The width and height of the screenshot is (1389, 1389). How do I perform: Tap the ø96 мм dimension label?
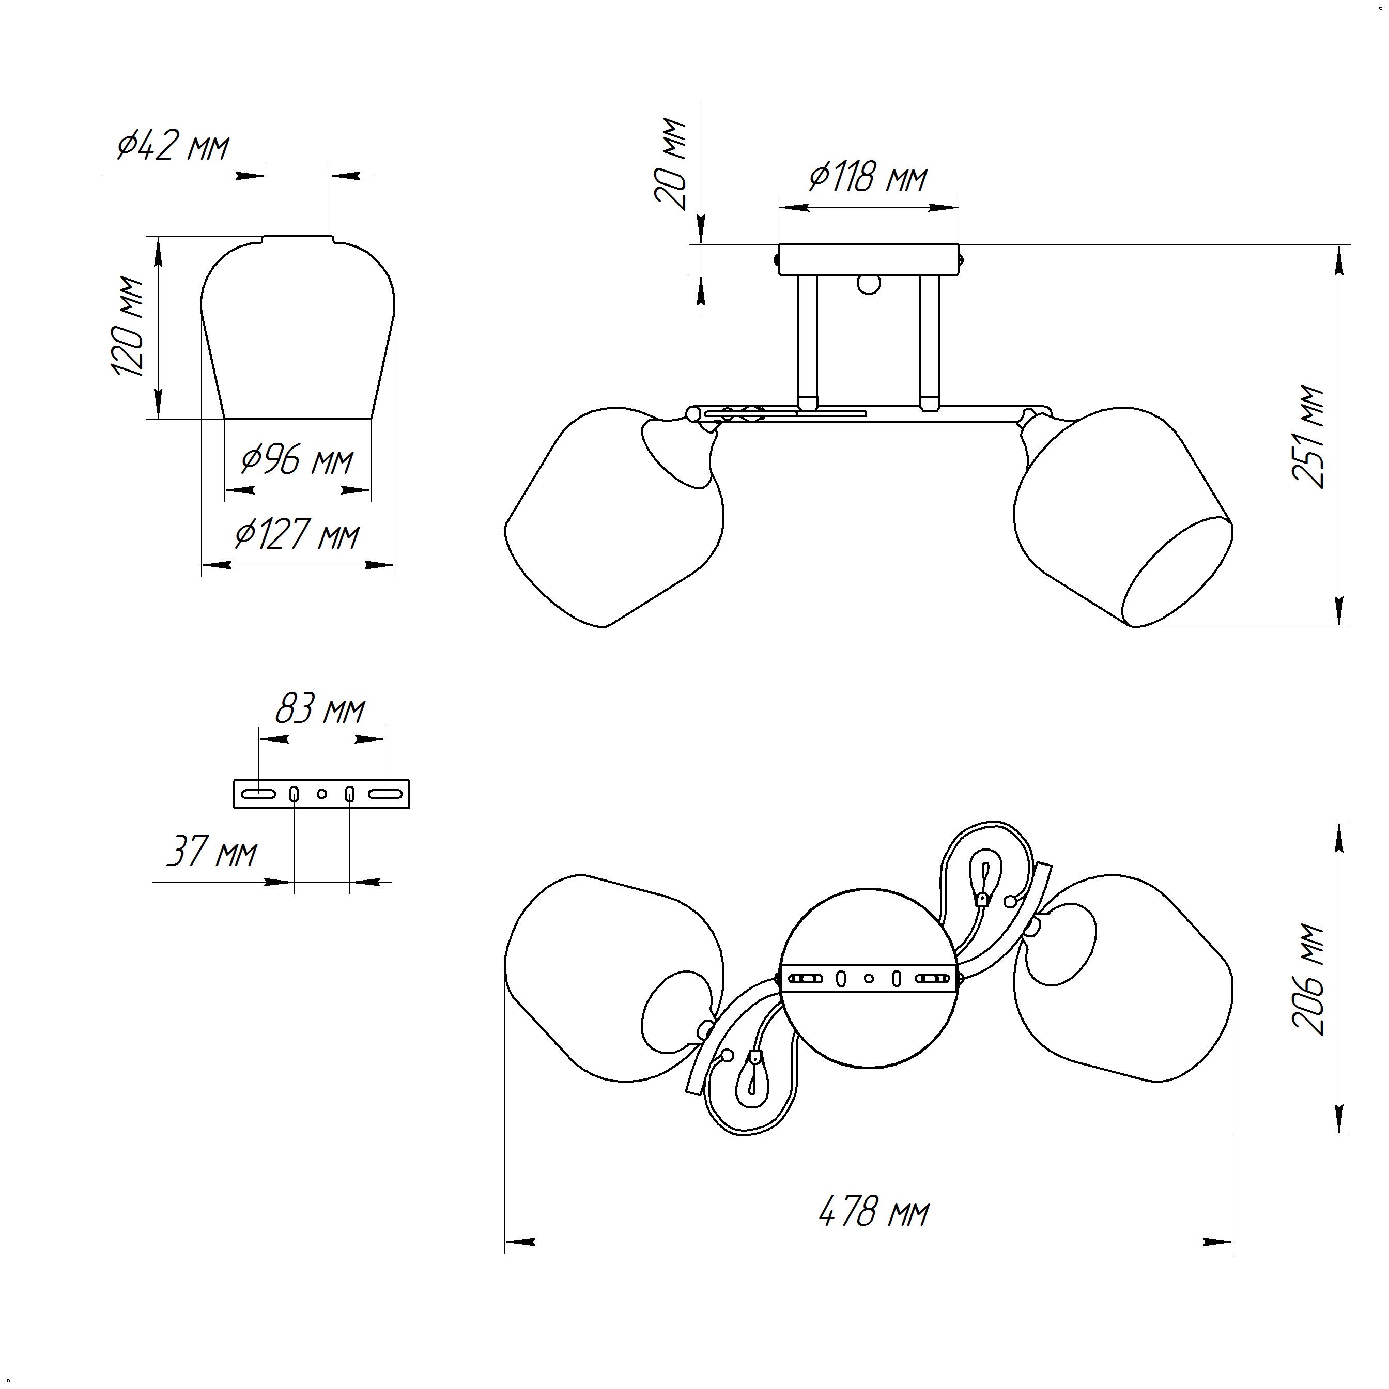point(297,460)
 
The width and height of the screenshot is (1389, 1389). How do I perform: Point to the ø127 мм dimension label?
point(297,536)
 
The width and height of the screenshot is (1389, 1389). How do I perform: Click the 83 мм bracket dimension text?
point(320,709)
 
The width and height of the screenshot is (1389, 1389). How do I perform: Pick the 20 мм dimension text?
point(671,164)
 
